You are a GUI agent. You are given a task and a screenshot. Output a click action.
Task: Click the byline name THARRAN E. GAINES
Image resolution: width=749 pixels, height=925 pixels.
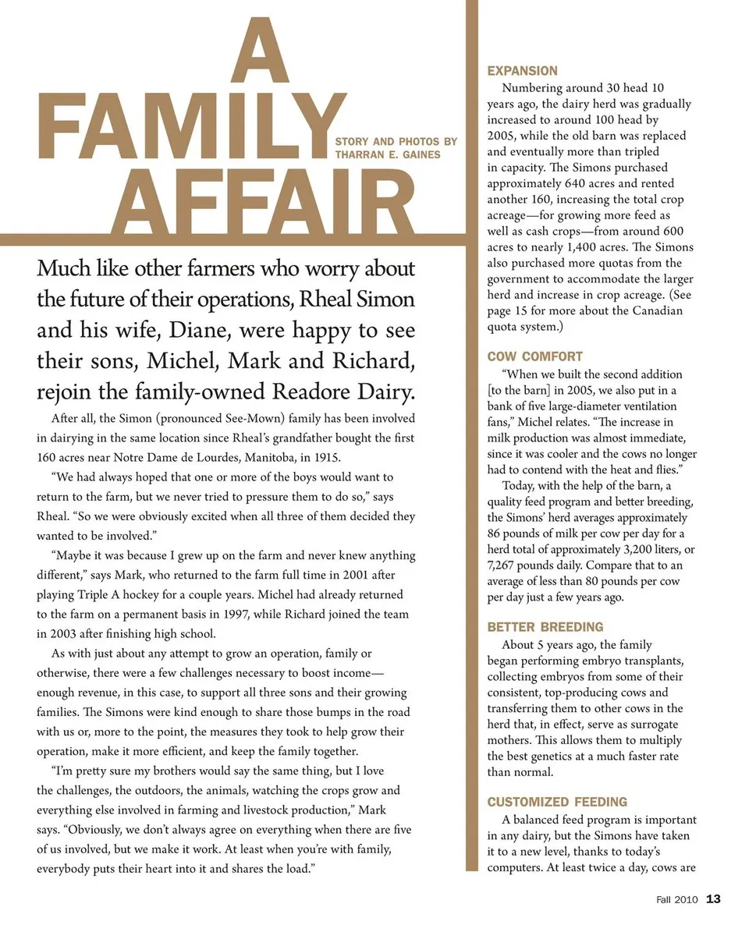(x=388, y=154)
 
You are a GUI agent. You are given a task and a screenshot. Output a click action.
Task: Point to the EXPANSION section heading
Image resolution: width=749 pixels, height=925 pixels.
(x=522, y=71)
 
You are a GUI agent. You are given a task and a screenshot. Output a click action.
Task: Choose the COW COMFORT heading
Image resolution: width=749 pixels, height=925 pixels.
(x=534, y=356)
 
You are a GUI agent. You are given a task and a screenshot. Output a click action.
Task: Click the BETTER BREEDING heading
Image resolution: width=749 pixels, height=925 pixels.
(x=545, y=627)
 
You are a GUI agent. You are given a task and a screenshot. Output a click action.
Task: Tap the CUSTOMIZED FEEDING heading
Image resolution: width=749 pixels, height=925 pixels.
(x=557, y=802)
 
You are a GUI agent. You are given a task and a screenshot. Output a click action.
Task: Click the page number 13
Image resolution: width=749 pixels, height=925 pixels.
(x=713, y=899)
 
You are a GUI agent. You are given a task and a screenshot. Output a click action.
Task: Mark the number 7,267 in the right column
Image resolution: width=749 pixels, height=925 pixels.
(x=506, y=565)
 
